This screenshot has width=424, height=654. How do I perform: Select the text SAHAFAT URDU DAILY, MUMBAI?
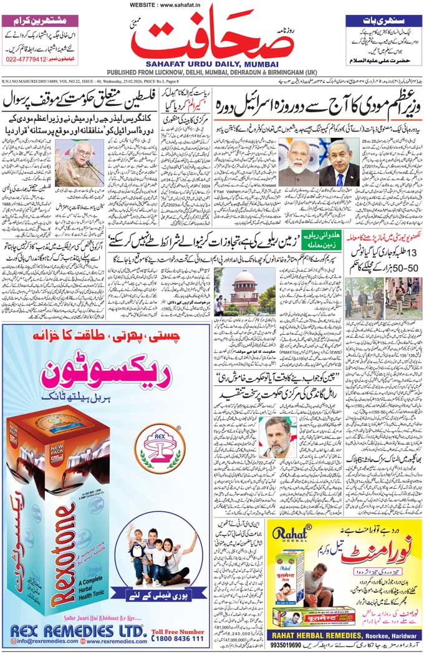[x=211, y=62]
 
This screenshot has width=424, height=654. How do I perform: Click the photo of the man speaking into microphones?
[x=80, y=163]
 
